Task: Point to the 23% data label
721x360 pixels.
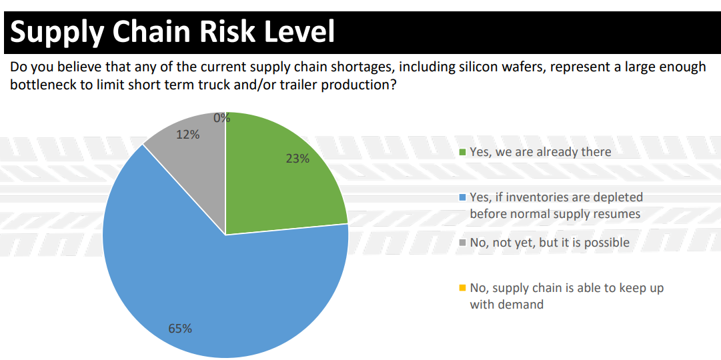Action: tap(297, 159)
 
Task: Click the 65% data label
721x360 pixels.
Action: tap(180, 328)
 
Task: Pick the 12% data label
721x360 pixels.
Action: tap(187, 135)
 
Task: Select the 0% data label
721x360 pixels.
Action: tap(221, 118)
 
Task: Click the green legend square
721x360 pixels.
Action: tap(462, 152)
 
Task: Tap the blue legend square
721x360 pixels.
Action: tap(462, 198)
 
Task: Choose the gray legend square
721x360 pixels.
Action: tap(462, 243)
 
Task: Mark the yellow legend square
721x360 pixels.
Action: tap(462, 289)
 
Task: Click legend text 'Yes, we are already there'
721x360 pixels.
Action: tap(540, 152)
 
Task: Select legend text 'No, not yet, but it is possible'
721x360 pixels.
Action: tap(550, 243)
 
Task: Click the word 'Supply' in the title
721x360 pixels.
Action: tap(57, 32)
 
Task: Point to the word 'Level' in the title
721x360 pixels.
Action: tap(299, 32)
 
